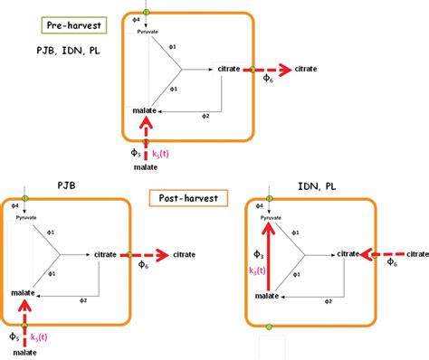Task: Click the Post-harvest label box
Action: click(x=187, y=196)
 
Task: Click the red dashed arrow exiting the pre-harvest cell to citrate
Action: click(x=269, y=69)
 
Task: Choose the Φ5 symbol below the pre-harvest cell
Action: click(x=137, y=154)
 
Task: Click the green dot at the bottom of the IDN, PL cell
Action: click(x=268, y=325)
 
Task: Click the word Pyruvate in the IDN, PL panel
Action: click(x=272, y=218)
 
